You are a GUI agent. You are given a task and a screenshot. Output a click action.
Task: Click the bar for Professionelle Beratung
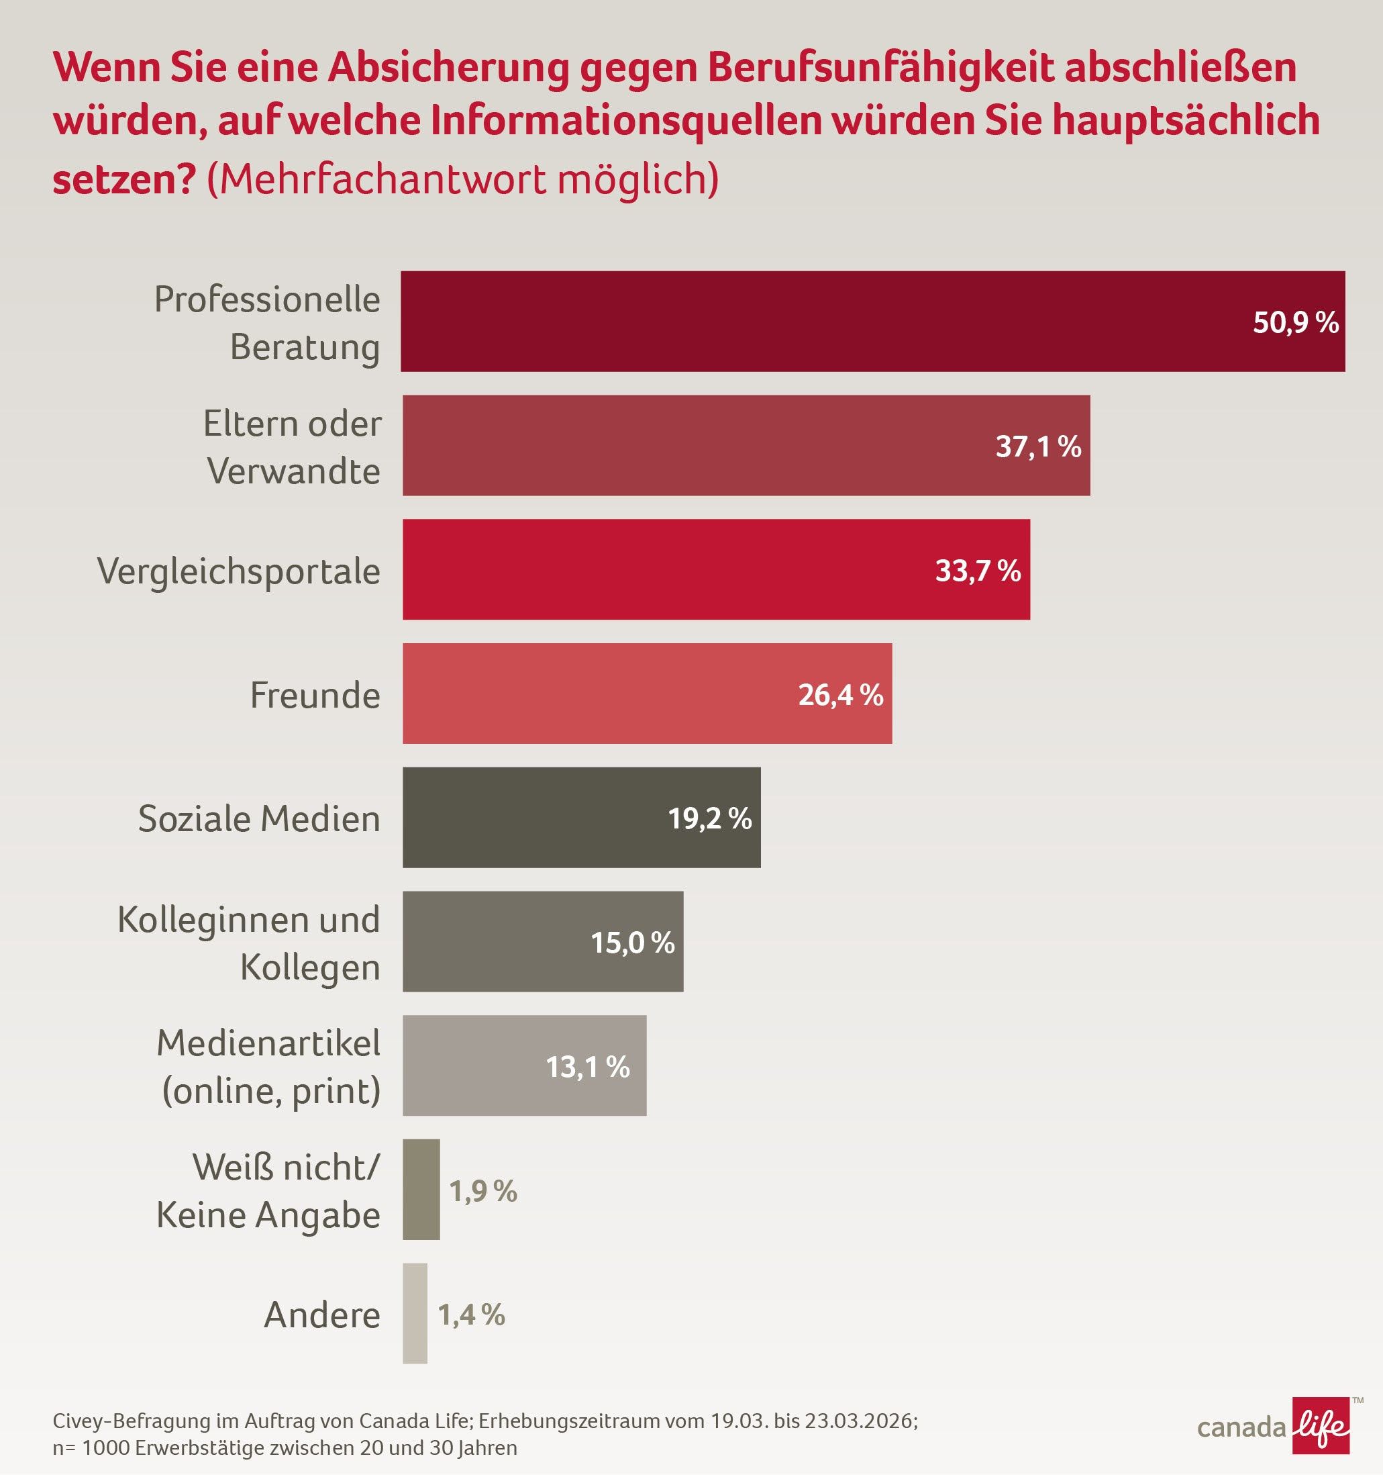tap(816, 322)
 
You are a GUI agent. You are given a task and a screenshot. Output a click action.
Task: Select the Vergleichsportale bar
tap(668, 569)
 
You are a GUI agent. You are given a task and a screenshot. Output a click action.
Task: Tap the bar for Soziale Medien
tap(534, 817)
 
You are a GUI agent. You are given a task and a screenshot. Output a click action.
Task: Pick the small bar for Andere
tap(415, 1313)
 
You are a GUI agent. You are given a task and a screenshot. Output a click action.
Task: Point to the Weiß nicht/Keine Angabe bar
tap(421, 1190)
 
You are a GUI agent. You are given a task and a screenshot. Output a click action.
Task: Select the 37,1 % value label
tap(1038, 446)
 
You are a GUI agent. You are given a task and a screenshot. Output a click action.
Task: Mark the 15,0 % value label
tap(633, 943)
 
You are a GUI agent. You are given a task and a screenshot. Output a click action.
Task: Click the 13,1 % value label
tap(587, 1067)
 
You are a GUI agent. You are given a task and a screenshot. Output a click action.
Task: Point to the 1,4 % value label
tap(472, 1315)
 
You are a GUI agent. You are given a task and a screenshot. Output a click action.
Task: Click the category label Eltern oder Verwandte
tap(293, 446)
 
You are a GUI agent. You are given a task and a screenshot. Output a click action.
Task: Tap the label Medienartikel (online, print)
tap(269, 1066)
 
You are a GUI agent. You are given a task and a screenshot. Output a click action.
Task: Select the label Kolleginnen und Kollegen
tap(249, 943)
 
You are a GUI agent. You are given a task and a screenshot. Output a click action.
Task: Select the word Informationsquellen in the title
tap(626, 121)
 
